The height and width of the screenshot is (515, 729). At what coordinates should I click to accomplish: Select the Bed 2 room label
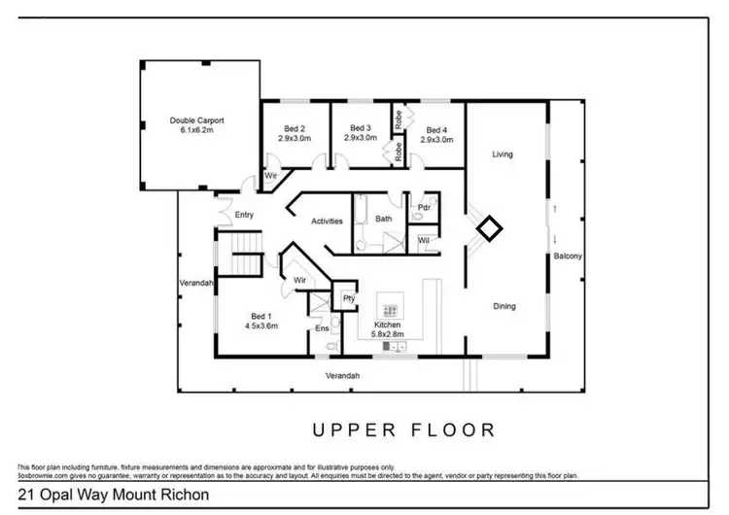pyautogui.click(x=295, y=134)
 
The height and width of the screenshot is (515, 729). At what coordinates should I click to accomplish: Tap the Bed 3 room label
pyautogui.click(x=361, y=133)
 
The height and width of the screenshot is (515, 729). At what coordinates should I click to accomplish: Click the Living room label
pyautogui.click(x=503, y=154)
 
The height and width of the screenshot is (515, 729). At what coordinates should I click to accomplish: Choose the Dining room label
pyautogui.click(x=503, y=307)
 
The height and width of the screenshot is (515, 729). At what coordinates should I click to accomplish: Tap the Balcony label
pyautogui.click(x=568, y=257)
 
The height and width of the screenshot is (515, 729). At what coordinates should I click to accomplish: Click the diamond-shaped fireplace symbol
pyautogui.click(x=490, y=229)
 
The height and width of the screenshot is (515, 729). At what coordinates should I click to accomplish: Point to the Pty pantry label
pyautogui.click(x=348, y=299)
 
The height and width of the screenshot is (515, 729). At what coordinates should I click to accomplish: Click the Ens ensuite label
pyautogui.click(x=323, y=328)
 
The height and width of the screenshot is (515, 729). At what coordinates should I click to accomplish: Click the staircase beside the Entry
pyautogui.click(x=245, y=255)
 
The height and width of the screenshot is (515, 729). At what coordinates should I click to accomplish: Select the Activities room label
pyautogui.click(x=327, y=222)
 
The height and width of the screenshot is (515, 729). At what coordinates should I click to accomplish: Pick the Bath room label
pyautogui.click(x=384, y=219)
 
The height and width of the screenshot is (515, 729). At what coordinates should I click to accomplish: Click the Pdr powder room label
pyautogui.click(x=424, y=208)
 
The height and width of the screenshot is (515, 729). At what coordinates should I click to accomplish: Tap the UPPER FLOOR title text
pyautogui.click(x=403, y=429)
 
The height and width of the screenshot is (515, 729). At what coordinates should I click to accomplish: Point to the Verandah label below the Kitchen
pyautogui.click(x=342, y=376)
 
